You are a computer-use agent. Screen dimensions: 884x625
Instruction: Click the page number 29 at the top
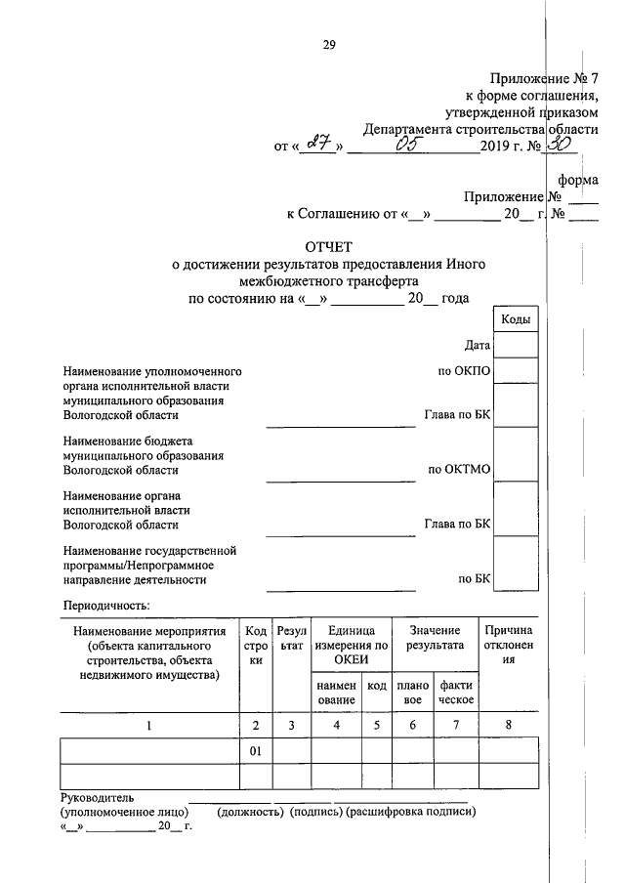coord(329,44)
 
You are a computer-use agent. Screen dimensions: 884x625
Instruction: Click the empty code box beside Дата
coord(516,345)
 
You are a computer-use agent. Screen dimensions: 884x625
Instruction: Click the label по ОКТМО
coord(459,469)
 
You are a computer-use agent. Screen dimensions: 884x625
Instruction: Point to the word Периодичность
coord(105,606)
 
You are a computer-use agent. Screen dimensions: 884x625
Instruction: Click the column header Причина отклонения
coord(508,646)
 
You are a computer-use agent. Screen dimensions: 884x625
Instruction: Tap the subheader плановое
coord(413,693)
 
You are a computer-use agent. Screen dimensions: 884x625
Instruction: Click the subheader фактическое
coord(456,693)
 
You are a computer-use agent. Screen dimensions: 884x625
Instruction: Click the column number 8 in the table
coord(508,725)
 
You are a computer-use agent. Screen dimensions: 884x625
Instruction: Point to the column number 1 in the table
coord(148,725)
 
